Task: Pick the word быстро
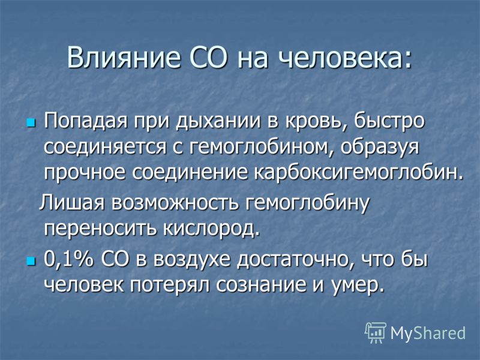(389, 121)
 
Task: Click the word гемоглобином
(259, 148)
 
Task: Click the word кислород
(211, 228)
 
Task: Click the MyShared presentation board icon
(376, 332)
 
